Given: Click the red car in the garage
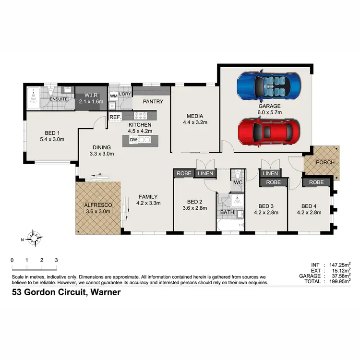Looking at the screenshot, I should pyautogui.click(x=269, y=131).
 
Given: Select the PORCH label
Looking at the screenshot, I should pyautogui.click(x=324, y=162).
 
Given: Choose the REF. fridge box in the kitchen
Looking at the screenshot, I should pyautogui.click(x=115, y=117).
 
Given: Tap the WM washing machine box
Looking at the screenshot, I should pyautogui.click(x=114, y=96).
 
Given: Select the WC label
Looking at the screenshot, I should pyautogui.click(x=238, y=183).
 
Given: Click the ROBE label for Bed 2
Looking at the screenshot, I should pyautogui.click(x=184, y=173).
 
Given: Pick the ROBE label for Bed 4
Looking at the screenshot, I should pyautogui.click(x=316, y=182).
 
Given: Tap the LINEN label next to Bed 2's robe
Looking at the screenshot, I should pyautogui.click(x=205, y=173).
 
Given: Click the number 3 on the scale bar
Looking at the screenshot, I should pyautogui.click(x=57, y=260).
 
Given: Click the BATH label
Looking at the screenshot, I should pyautogui.click(x=225, y=212).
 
